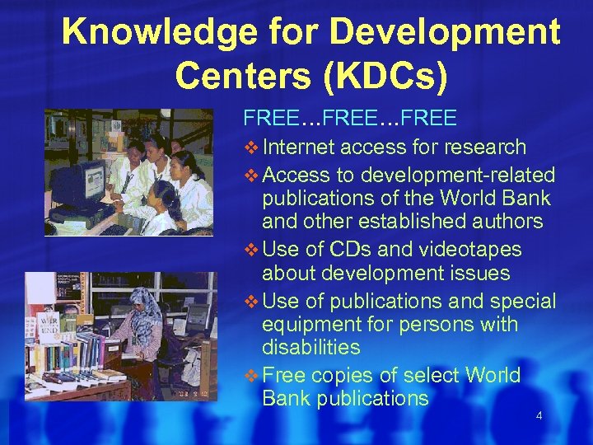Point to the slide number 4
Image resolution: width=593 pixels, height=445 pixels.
click(x=539, y=416)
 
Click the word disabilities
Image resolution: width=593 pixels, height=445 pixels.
click(x=311, y=348)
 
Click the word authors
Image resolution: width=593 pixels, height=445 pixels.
click(x=505, y=221)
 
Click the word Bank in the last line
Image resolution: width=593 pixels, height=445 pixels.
click(x=287, y=399)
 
